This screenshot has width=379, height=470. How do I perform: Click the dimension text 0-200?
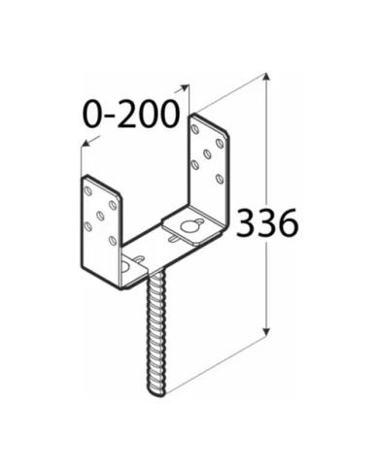pyautogui.click(x=131, y=114)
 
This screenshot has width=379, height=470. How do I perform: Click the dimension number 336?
pyautogui.click(x=266, y=222)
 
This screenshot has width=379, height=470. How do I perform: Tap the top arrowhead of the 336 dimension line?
pyautogui.click(x=266, y=78)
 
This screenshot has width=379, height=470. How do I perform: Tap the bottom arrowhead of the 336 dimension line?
pyautogui.click(x=266, y=332)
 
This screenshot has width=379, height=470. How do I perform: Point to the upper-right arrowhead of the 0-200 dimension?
pyautogui.click(x=185, y=86)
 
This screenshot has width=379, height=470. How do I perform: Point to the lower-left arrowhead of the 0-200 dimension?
pyautogui.click(x=86, y=143)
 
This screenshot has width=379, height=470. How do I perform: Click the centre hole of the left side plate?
pyautogui.click(x=100, y=215)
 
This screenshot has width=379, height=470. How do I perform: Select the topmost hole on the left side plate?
pyautogui.click(x=87, y=191)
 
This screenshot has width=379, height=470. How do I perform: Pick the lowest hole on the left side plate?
pyautogui.click(x=113, y=240)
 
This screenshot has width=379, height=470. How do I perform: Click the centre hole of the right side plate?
pyautogui.click(x=207, y=153)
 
